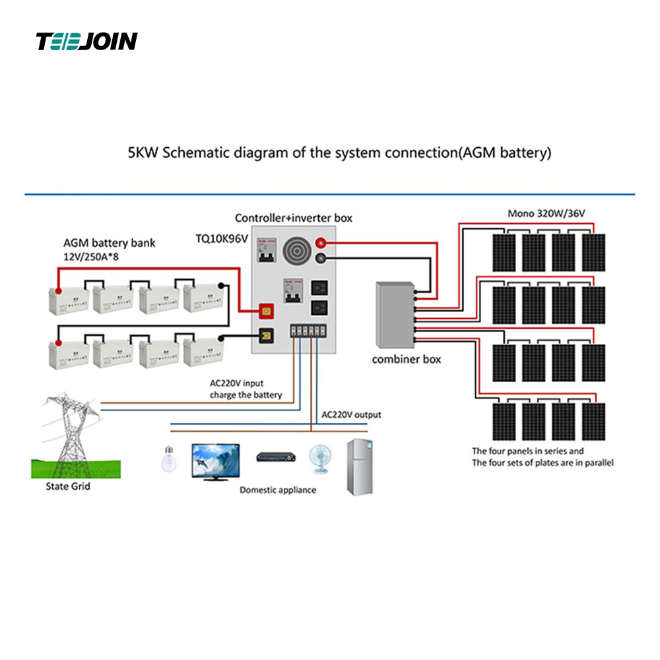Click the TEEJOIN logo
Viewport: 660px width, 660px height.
86,42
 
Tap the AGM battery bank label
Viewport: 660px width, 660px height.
110,243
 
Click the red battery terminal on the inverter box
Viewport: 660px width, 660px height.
267,309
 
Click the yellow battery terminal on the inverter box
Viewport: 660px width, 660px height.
267,336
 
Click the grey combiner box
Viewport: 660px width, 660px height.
394,315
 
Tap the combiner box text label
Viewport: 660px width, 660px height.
407,360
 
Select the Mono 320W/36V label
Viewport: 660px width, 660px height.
546,213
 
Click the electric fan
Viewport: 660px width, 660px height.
320,458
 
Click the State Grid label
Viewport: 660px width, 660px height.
68,486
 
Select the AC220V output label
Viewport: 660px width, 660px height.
351,415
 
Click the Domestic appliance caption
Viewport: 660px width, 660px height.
277,490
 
